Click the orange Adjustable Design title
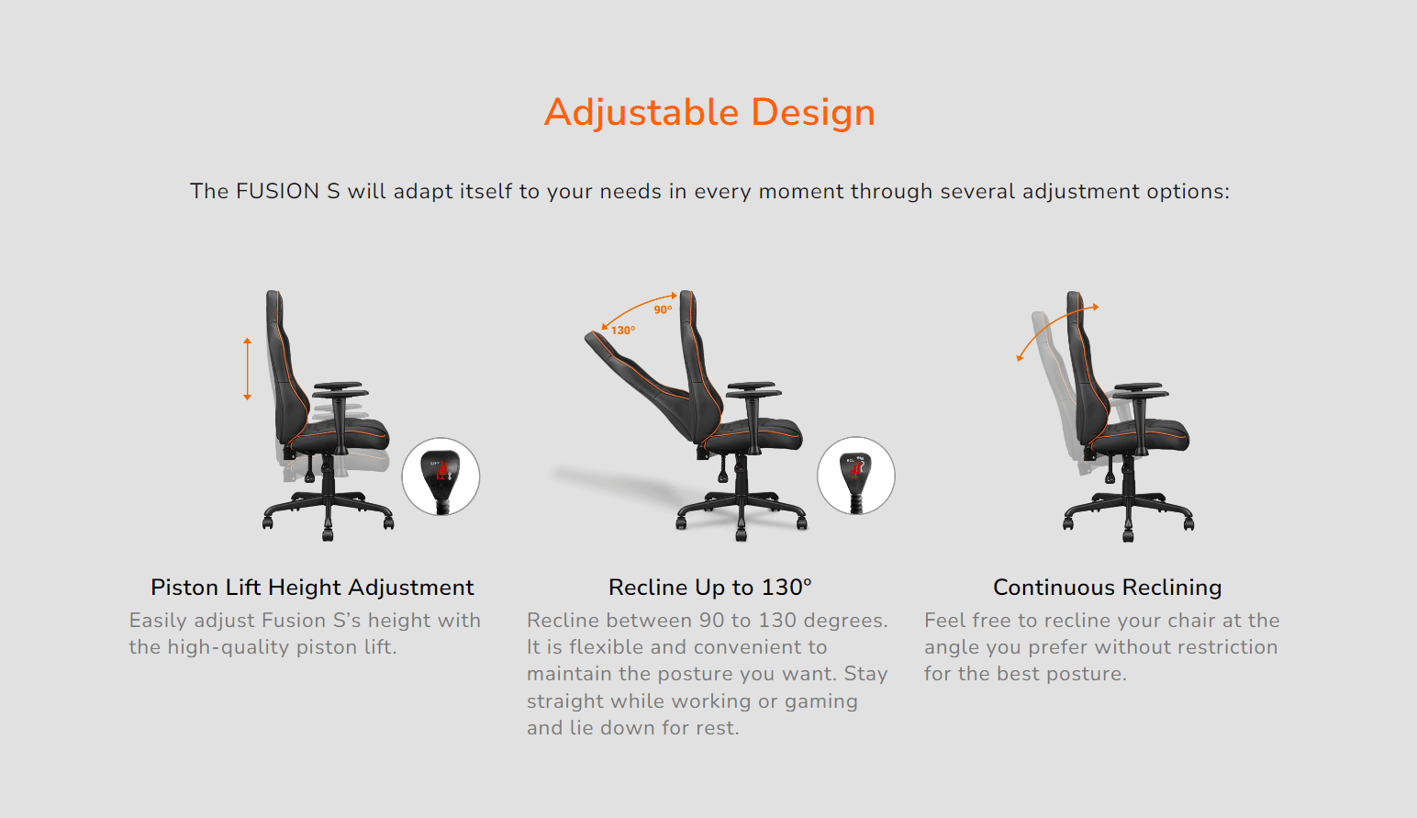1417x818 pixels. click(x=709, y=113)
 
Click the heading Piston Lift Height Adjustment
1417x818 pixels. click(x=312, y=588)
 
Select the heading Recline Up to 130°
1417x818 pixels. click(x=709, y=588)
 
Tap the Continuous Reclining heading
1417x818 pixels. click(x=1107, y=588)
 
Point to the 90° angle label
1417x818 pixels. click(x=663, y=310)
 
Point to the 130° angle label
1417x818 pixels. click(x=623, y=331)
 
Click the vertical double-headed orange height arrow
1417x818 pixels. click(x=247, y=369)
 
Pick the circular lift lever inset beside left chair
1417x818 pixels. click(x=441, y=476)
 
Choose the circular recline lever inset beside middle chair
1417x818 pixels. click(x=855, y=476)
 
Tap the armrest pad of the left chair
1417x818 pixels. click(x=338, y=387)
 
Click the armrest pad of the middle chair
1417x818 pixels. click(x=751, y=387)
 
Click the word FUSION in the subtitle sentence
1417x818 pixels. click(x=278, y=191)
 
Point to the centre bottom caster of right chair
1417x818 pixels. click(x=1129, y=533)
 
